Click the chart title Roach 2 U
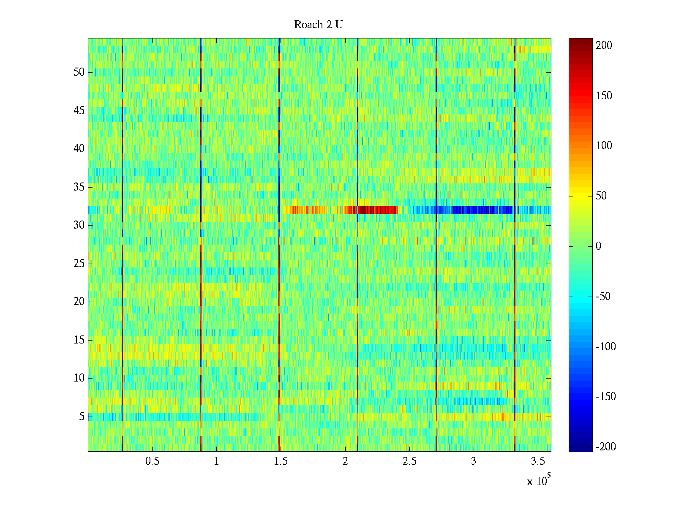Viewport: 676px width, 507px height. pyautogui.click(x=318, y=25)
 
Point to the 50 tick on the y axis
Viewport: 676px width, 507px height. pyautogui.click(x=79, y=72)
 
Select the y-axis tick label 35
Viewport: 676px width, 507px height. pyautogui.click(x=79, y=187)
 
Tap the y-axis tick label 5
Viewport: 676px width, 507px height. pyautogui.click(x=82, y=417)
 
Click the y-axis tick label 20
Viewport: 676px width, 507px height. pyautogui.click(x=79, y=302)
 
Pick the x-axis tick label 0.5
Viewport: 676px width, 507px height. pyautogui.click(x=152, y=461)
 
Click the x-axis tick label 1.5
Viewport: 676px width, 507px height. pyautogui.click(x=281, y=461)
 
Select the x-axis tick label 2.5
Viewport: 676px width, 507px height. pyautogui.click(x=409, y=461)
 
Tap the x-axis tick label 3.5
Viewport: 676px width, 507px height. pyautogui.click(x=538, y=461)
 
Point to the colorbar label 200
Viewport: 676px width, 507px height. pyautogui.click(x=604, y=46)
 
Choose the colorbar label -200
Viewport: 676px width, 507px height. pyautogui.click(x=605, y=447)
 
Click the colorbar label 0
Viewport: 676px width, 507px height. pyautogui.click(x=598, y=246)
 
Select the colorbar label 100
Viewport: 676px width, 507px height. pyautogui.click(x=604, y=146)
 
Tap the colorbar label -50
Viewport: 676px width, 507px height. pyautogui.click(x=603, y=296)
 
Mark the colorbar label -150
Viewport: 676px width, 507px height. pyautogui.click(x=605, y=397)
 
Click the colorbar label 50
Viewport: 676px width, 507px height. pyautogui.click(x=601, y=196)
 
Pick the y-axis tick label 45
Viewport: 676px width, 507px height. pyautogui.click(x=79, y=111)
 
